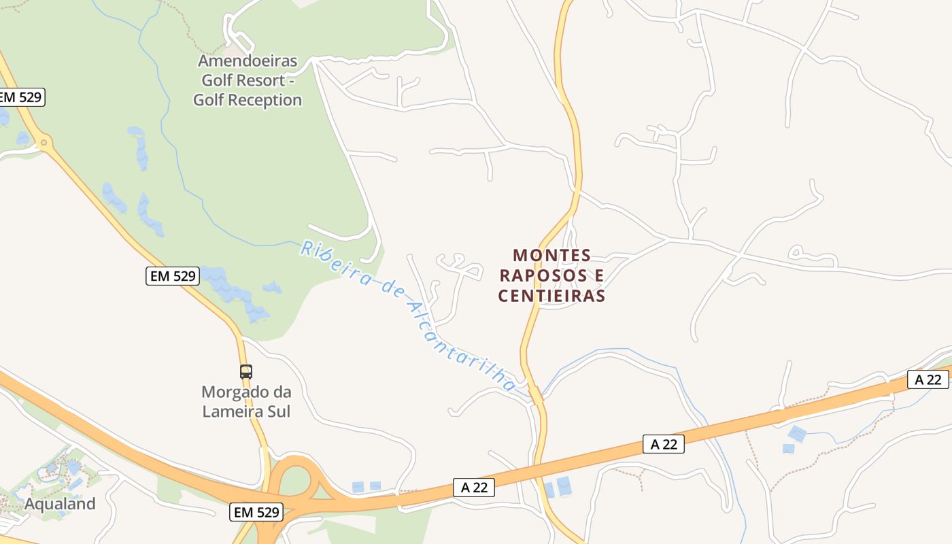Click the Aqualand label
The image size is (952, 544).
60,504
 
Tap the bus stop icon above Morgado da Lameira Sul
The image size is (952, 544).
246,372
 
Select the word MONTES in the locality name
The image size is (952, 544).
552,256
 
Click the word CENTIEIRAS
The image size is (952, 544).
551,296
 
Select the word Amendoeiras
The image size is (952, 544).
248,61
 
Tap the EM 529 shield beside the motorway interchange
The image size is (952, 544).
256,513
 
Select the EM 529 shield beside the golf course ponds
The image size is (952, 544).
172,276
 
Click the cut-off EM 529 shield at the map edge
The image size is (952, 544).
21,97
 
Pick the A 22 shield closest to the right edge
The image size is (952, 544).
928,379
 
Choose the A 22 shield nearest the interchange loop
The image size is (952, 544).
474,488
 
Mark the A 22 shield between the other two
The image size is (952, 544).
664,445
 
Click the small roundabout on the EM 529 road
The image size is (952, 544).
44,143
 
